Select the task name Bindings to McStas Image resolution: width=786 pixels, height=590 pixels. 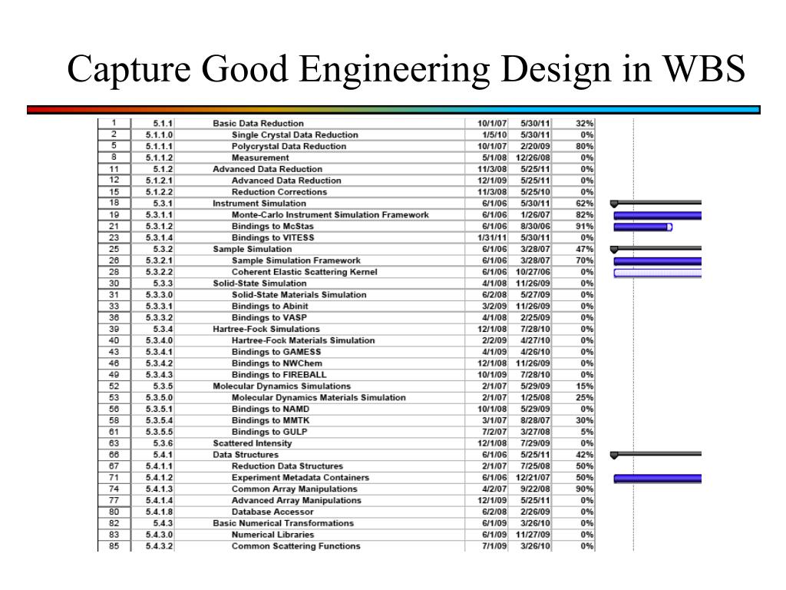point(272,227)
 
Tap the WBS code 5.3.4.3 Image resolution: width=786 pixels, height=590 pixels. point(159,375)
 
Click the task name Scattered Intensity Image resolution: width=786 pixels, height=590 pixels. point(252,443)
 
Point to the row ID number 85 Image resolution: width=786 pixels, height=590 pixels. point(114,546)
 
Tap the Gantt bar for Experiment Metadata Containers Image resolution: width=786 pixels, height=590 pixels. point(657,478)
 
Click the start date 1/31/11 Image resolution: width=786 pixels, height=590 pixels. point(492,238)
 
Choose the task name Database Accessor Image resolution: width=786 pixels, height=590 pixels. point(272,512)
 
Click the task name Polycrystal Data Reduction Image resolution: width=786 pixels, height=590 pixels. point(289,146)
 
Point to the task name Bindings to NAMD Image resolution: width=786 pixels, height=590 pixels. point(270,409)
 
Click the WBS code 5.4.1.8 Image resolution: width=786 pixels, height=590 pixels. point(159,512)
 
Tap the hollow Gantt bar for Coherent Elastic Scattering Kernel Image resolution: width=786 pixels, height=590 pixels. point(657,273)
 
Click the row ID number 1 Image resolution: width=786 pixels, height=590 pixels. point(114,123)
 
